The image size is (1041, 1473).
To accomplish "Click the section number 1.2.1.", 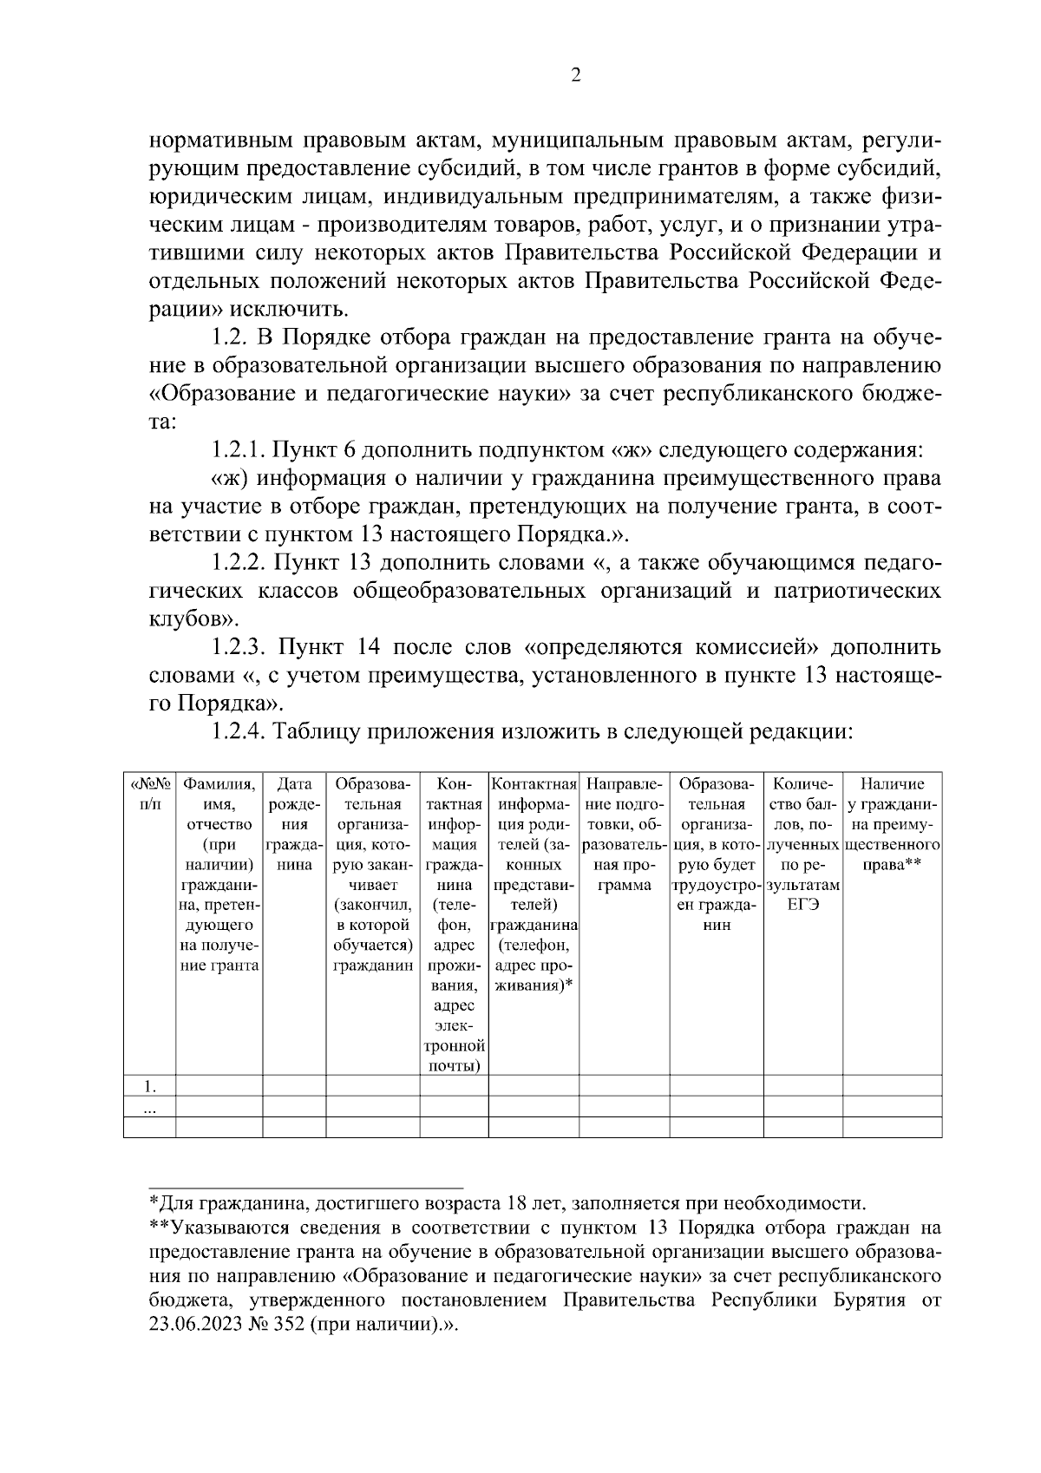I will coord(239,450).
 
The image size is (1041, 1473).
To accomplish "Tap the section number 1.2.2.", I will coord(239,563).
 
